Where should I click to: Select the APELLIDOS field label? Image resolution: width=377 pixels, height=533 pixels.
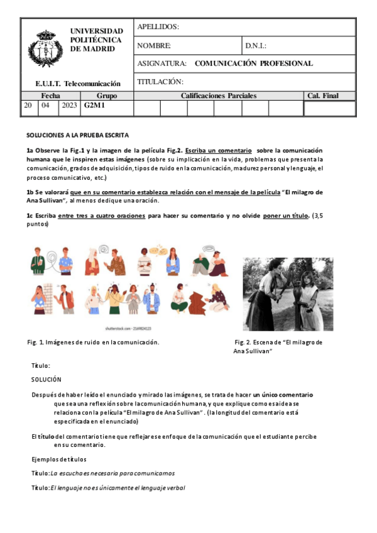click(158, 27)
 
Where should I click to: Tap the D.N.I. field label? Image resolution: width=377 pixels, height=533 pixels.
click(256, 46)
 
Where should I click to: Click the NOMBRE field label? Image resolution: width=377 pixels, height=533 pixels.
click(154, 46)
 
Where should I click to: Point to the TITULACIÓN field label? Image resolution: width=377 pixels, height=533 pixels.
click(160, 82)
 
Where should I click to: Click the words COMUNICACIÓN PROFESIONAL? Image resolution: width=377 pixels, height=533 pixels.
click(254, 63)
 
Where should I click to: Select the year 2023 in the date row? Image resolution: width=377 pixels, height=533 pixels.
click(69, 106)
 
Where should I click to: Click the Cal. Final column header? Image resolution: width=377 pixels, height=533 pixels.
click(329, 96)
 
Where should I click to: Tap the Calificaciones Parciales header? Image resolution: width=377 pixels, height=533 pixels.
click(219, 96)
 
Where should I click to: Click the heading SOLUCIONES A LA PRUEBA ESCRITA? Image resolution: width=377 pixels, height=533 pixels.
click(77, 135)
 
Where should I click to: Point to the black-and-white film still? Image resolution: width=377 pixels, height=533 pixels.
click(288, 294)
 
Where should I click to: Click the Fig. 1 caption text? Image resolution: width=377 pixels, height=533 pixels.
click(93, 342)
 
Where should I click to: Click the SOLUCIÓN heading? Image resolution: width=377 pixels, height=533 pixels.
click(46, 380)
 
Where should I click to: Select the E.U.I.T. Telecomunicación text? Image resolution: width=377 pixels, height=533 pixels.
click(78, 83)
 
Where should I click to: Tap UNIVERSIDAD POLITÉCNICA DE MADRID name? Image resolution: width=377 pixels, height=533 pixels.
click(97, 40)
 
